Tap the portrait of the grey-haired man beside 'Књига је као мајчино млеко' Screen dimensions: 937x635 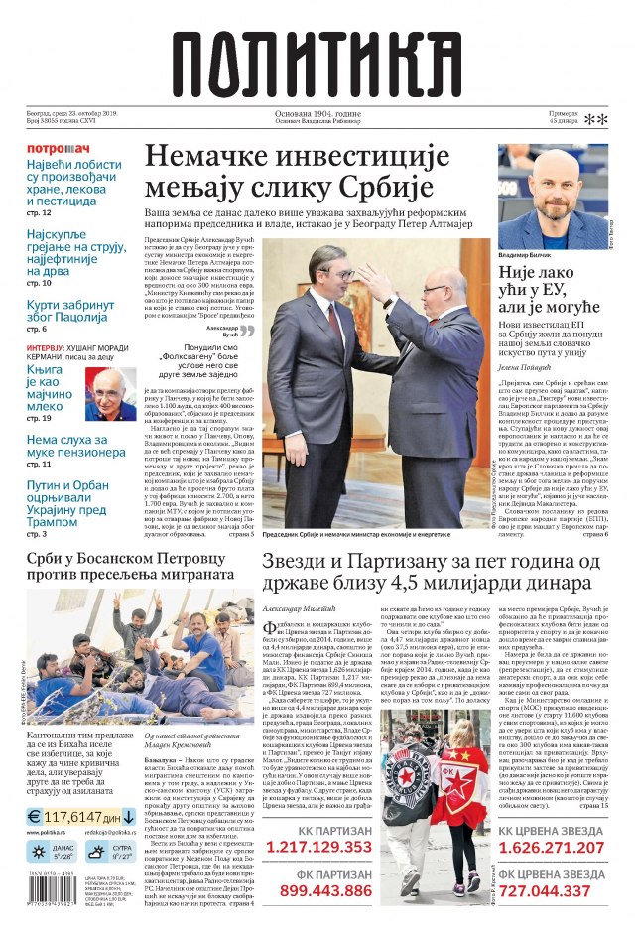[x=112, y=391]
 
